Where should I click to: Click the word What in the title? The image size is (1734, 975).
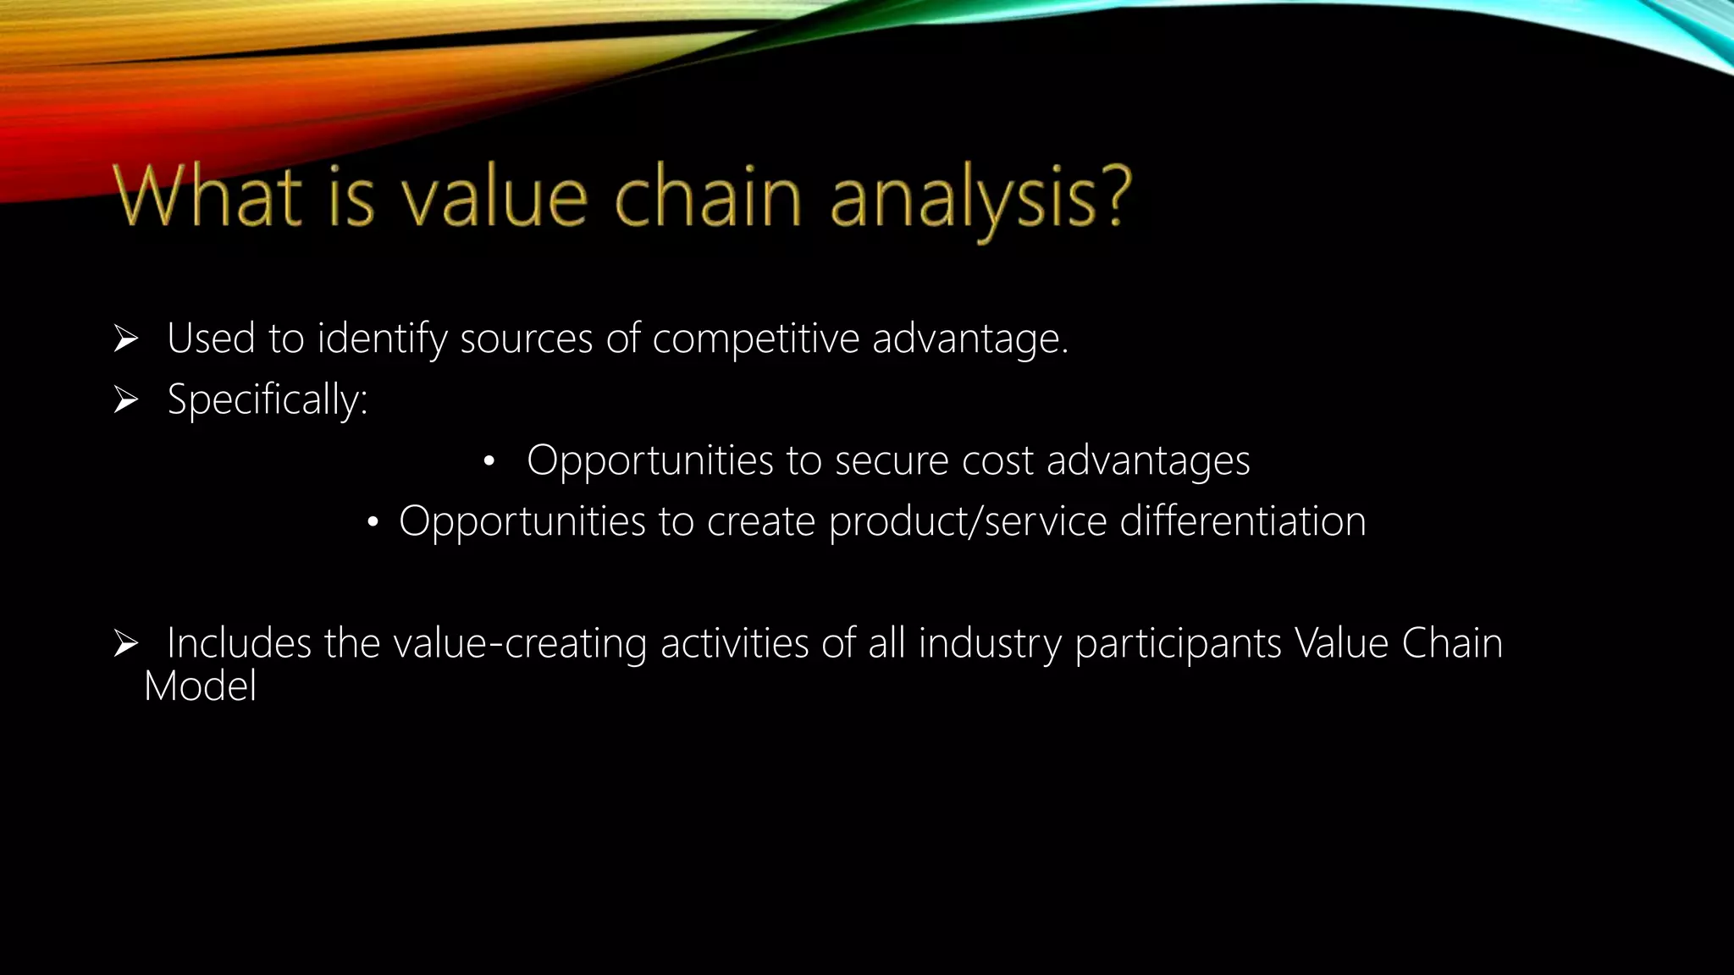click(x=207, y=196)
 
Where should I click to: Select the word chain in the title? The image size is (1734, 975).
click(x=707, y=196)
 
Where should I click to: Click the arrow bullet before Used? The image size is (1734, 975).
click(x=126, y=339)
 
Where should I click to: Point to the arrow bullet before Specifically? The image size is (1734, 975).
click(x=126, y=400)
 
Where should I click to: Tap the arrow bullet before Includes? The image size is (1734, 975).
click(x=126, y=644)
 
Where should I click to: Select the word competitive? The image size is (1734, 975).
click(x=755, y=339)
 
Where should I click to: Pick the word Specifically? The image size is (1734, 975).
click(x=267, y=400)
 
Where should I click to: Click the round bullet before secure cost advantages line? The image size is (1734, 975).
click(x=489, y=462)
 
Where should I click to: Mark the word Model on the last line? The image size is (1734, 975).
click(x=200, y=686)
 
